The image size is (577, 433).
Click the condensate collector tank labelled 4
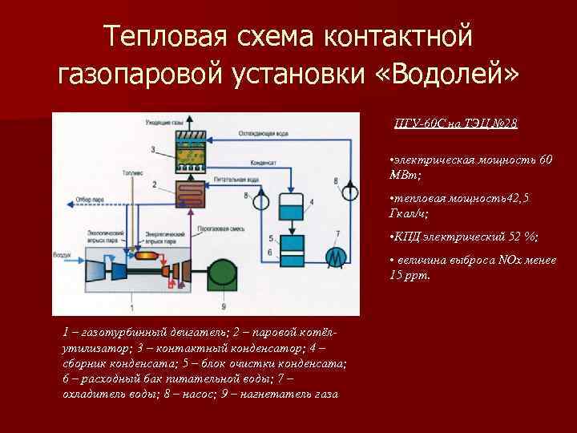coord(289,208)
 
